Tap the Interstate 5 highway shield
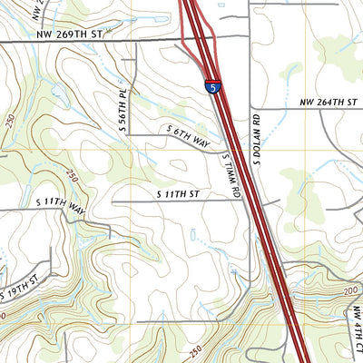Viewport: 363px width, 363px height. (x=211, y=88)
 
